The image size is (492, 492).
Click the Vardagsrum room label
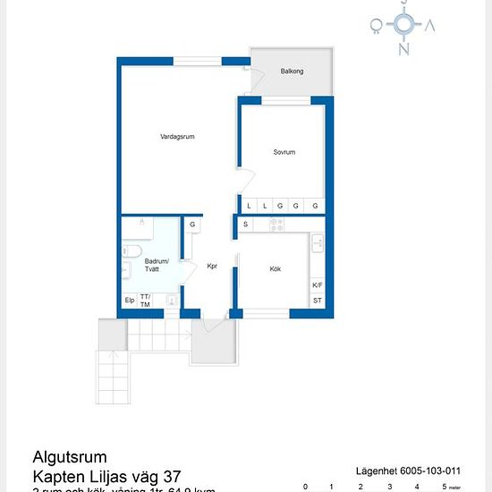point(177,137)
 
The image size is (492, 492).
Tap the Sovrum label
point(284,152)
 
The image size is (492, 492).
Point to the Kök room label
point(276,268)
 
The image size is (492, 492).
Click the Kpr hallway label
point(213,266)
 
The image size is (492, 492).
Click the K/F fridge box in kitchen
point(318,285)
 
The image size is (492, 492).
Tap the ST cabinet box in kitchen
point(318,301)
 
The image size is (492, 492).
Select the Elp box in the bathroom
point(130,301)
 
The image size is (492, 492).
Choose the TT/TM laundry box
point(146,301)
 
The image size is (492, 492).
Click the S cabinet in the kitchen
point(245,224)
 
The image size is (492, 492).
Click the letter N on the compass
point(404,49)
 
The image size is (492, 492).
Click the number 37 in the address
point(174,477)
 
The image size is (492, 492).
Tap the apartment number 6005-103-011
point(433,470)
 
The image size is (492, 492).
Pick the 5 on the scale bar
point(445,487)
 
